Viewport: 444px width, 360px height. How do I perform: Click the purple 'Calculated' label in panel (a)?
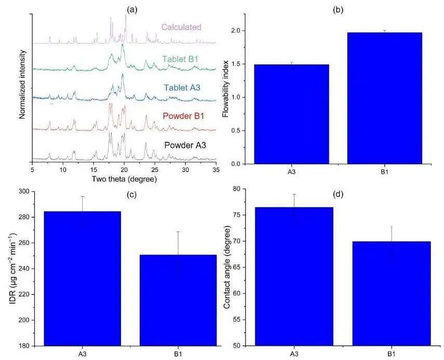[181, 27]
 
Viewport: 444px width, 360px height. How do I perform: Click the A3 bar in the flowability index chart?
[291, 114]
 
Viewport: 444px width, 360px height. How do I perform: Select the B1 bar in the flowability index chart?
[385, 99]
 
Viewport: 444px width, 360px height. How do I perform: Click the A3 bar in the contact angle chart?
[293, 276]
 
